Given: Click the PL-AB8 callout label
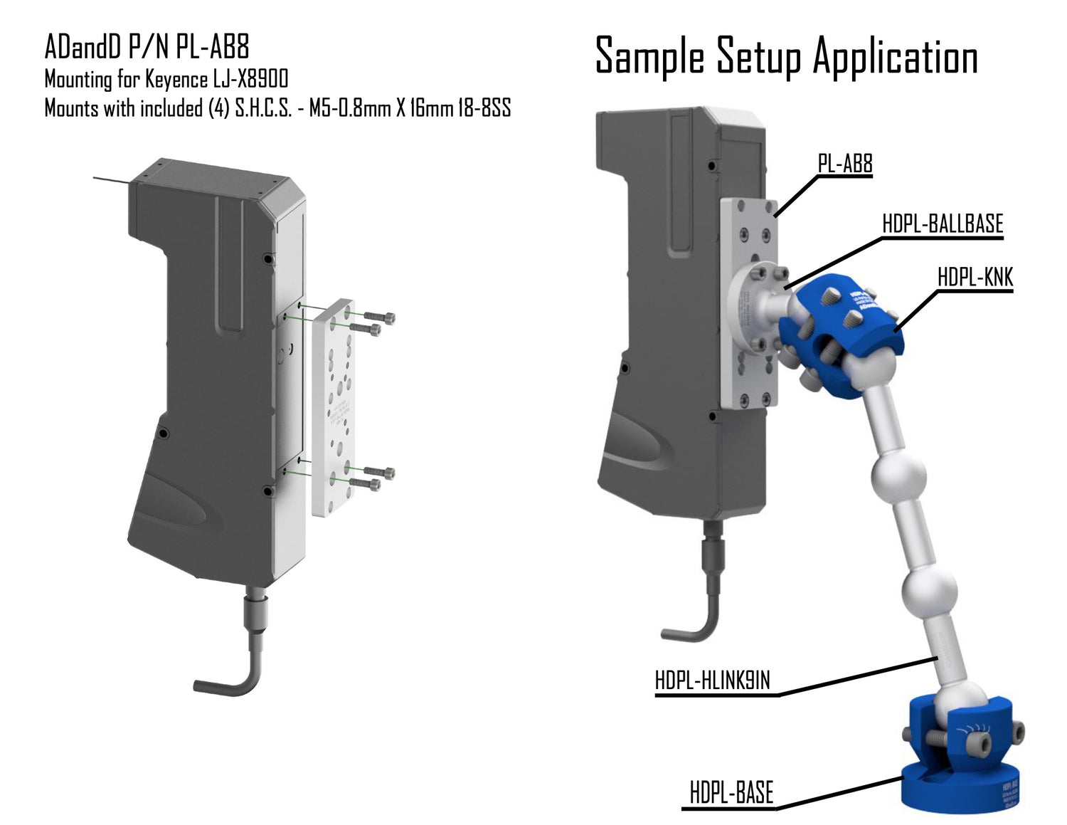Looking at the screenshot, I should [x=844, y=164].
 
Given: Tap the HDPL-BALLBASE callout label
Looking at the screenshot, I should [x=942, y=224].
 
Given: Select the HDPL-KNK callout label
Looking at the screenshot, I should [x=975, y=277].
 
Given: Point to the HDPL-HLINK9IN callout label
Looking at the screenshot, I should [x=712, y=681].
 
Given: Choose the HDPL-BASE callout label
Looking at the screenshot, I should [x=731, y=792].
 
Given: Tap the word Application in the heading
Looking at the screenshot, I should [x=896, y=57].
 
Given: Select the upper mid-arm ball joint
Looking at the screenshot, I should [x=898, y=476].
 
